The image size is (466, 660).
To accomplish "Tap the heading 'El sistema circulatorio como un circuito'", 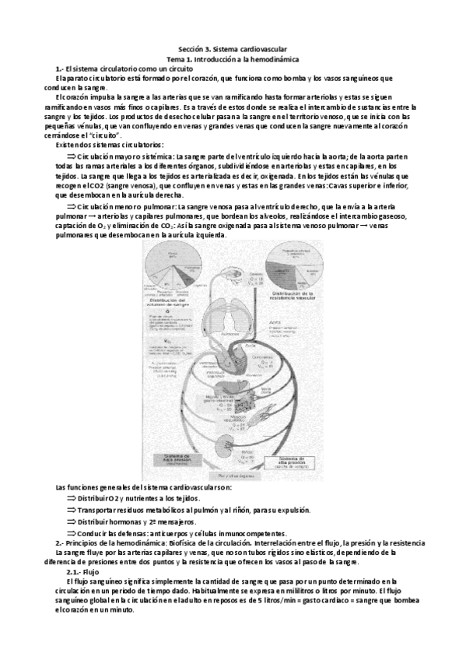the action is click(124, 68).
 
